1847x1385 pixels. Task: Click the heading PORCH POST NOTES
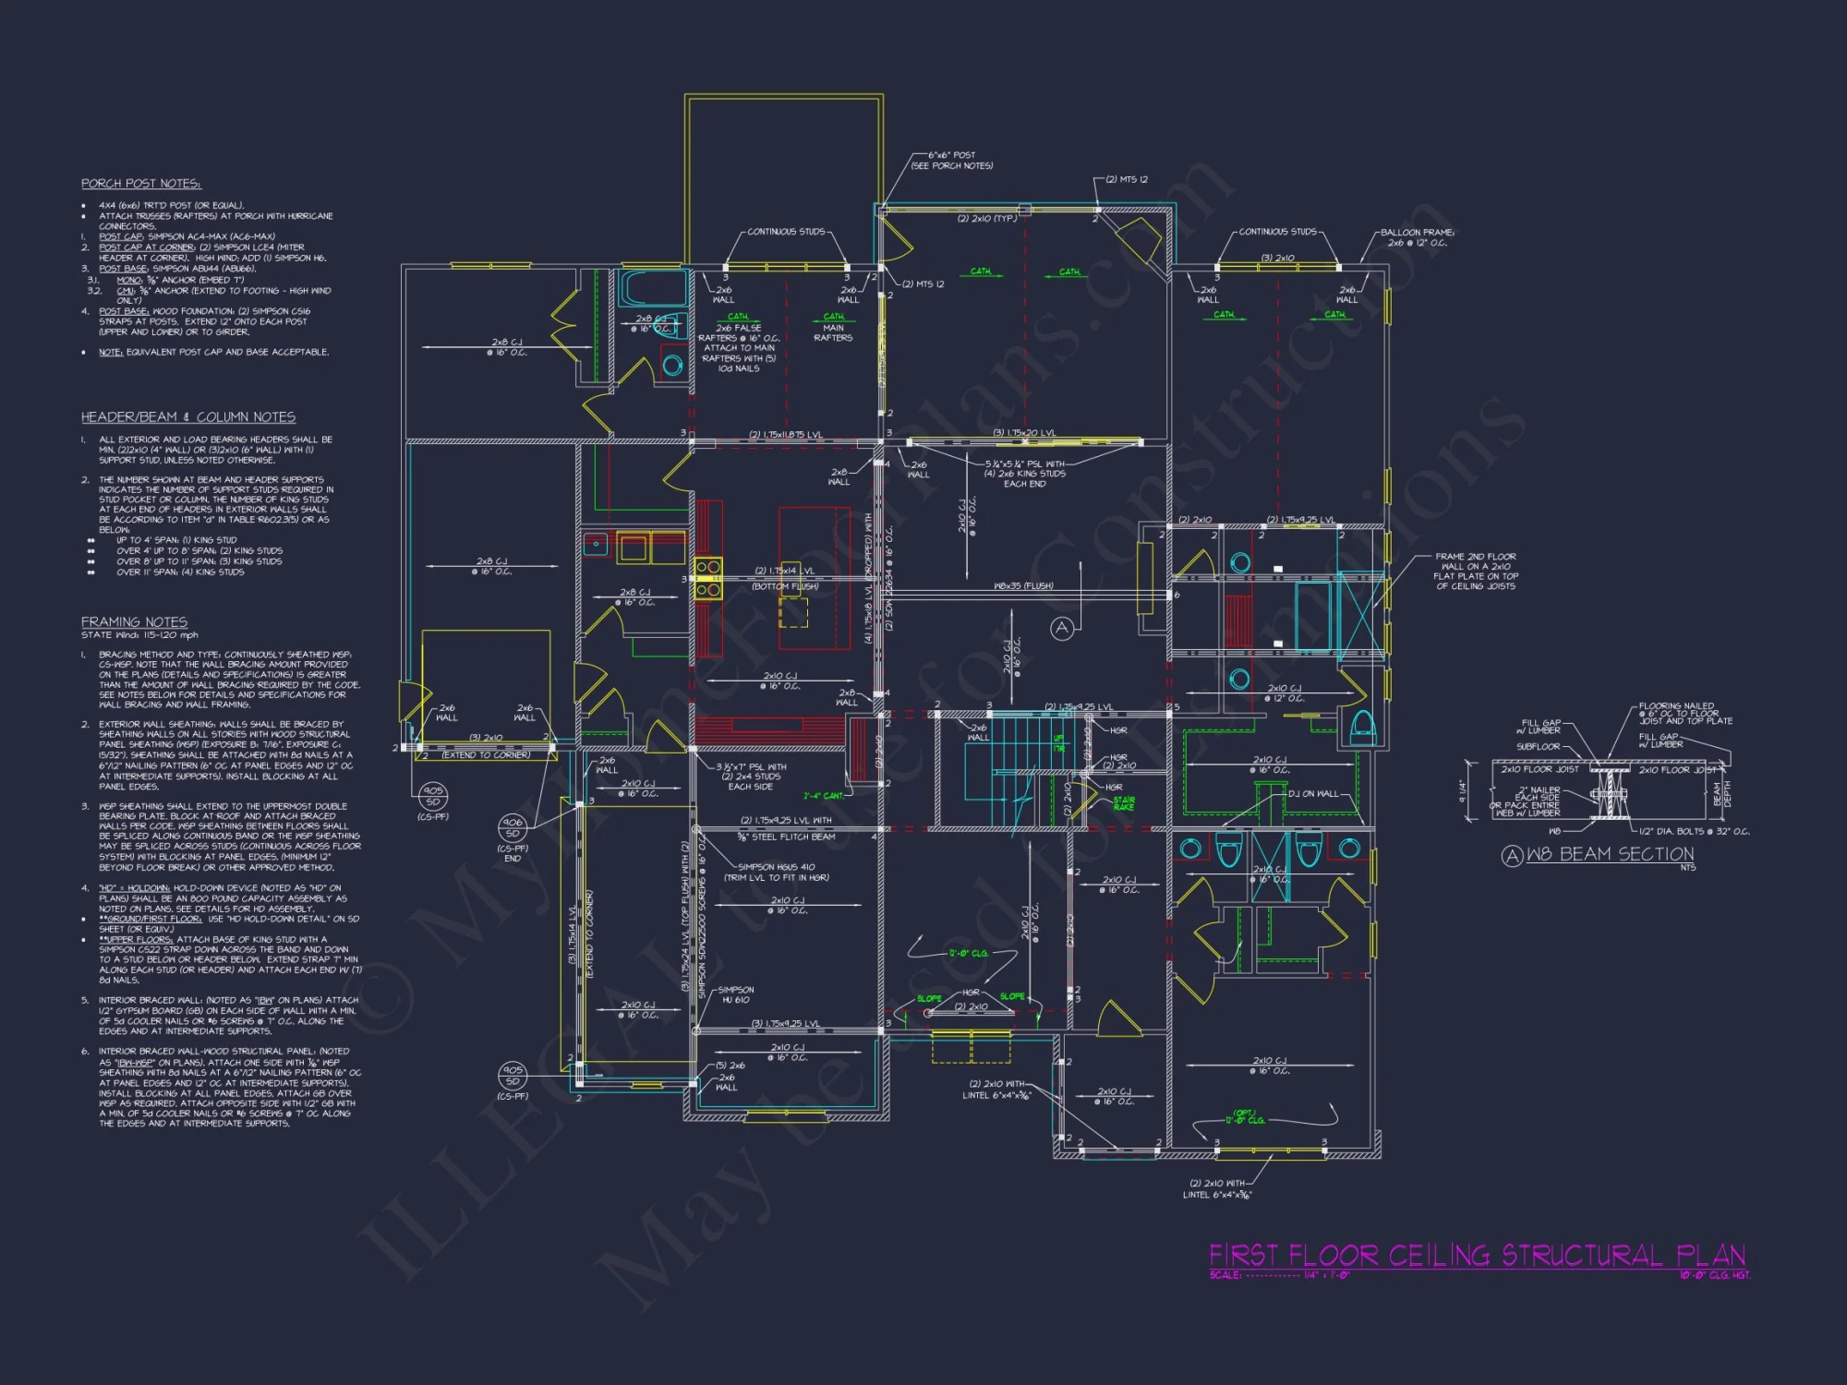tap(140, 184)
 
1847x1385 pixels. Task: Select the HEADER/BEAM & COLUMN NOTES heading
tap(188, 417)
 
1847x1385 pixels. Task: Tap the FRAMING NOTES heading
tap(134, 622)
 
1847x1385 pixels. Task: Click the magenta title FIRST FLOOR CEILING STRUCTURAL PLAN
tap(1477, 1256)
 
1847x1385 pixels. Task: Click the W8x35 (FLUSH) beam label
tap(1023, 585)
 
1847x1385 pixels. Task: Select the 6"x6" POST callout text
tap(951, 155)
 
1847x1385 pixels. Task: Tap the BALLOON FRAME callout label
tap(1417, 233)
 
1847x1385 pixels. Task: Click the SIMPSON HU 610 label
tap(736, 994)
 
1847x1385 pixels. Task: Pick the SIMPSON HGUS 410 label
tap(776, 867)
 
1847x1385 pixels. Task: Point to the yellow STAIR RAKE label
tap(1123, 803)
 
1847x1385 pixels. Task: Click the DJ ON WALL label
tap(1313, 794)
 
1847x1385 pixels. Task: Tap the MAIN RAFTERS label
tap(833, 332)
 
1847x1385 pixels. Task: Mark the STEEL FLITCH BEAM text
tap(786, 837)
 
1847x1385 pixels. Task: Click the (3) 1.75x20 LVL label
tap(1024, 433)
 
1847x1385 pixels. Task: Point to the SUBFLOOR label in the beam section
tap(1538, 746)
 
